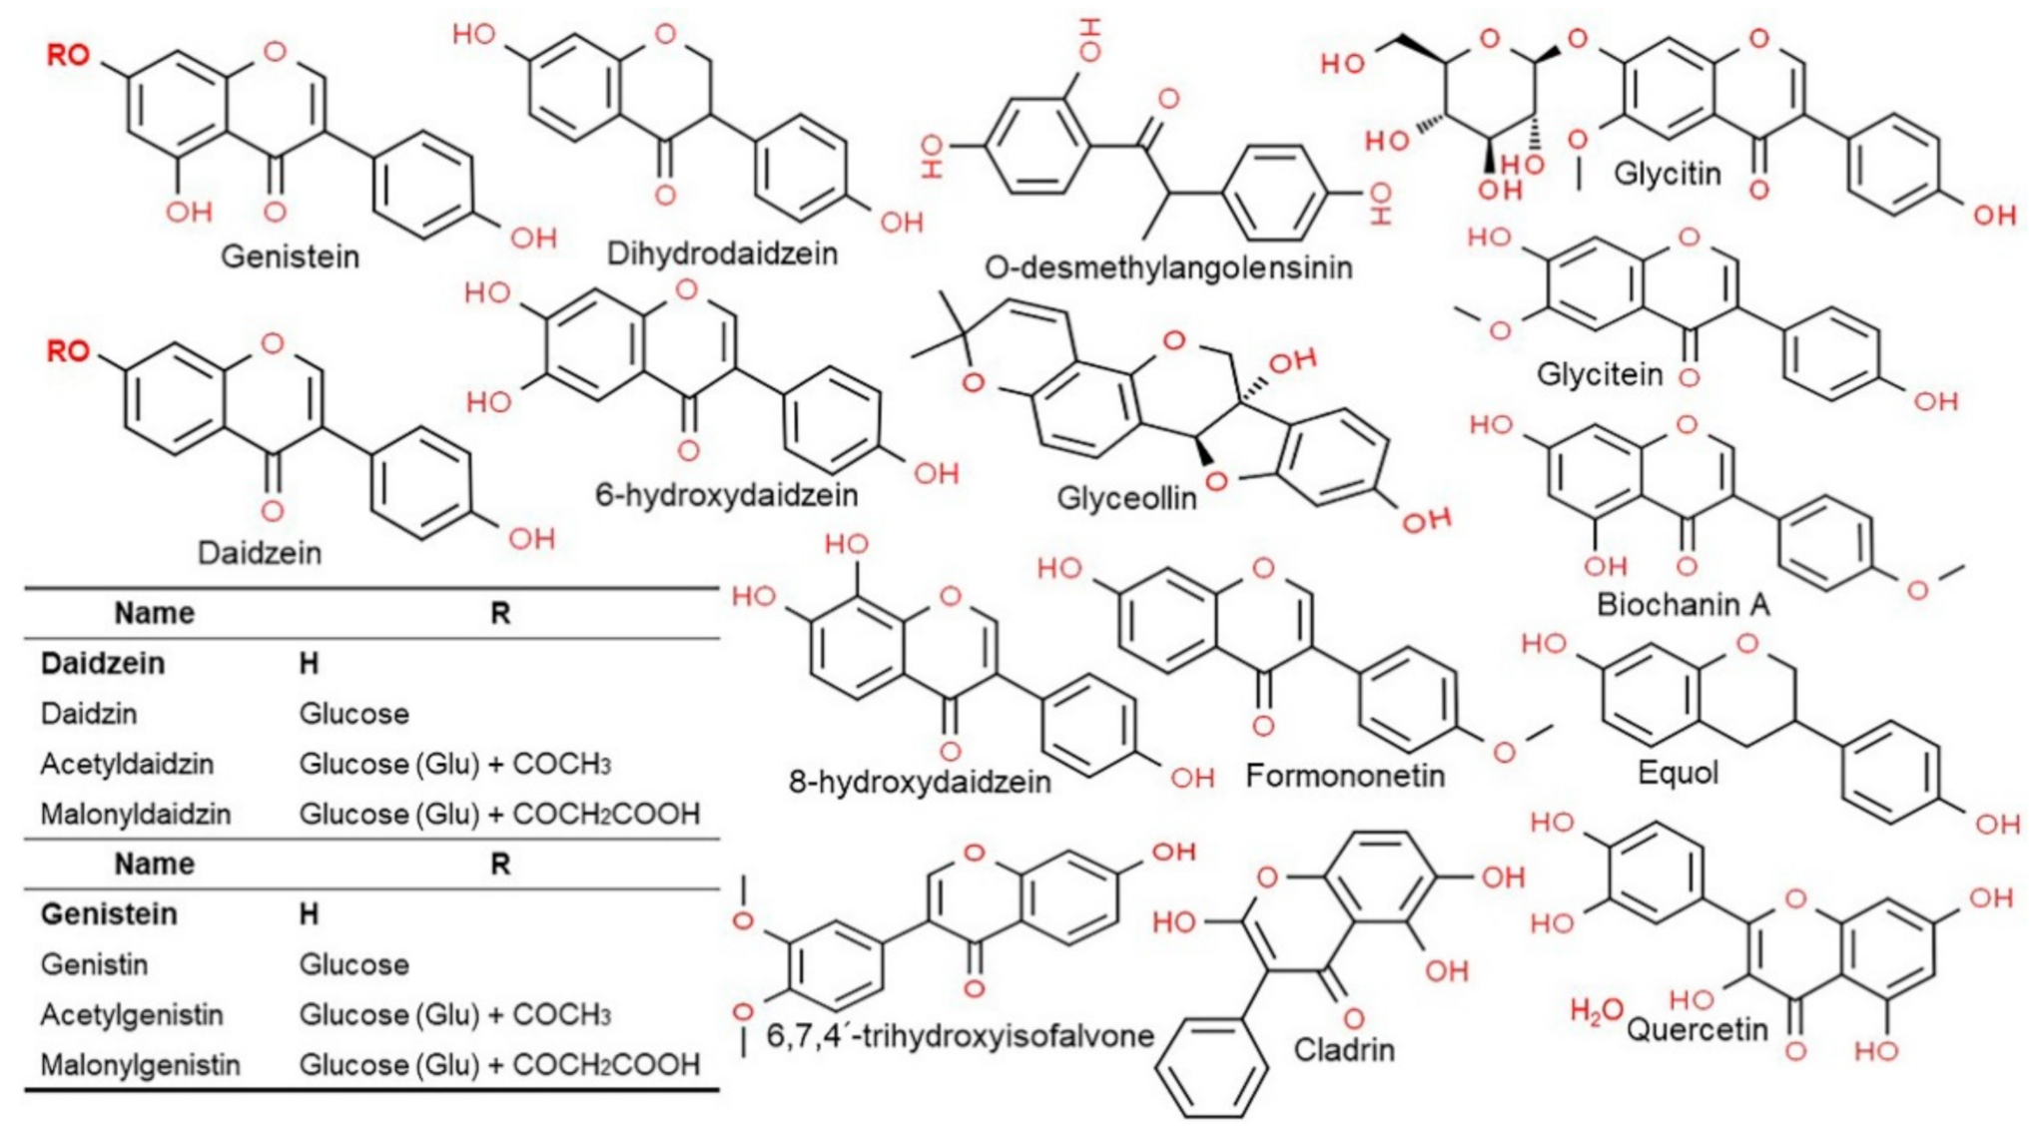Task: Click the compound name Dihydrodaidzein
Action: click(722, 254)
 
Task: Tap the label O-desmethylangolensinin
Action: click(1168, 268)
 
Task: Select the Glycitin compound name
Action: click(1668, 174)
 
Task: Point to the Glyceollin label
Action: click(1126, 497)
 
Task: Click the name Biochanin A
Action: click(1683, 604)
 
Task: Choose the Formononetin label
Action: click(1345, 776)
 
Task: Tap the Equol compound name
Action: click(1678, 772)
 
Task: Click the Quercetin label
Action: click(1698, 1028)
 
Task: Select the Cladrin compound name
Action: click(1344, 1049)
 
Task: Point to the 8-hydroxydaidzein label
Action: click(920, 781)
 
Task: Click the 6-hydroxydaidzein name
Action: click(726, 494)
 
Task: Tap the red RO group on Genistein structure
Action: click(68, 55)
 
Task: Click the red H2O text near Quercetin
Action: click(1596, 1011)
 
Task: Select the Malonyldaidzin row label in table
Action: click(135, 815)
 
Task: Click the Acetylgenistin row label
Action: click(131, 1015)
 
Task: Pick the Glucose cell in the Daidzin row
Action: click(353, 714)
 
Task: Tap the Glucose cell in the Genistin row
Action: click(353, 964)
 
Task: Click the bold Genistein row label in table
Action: click(108, 914)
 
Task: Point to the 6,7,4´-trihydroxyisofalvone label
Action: click(960, 1036)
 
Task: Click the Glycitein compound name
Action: click(1599, 374)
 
